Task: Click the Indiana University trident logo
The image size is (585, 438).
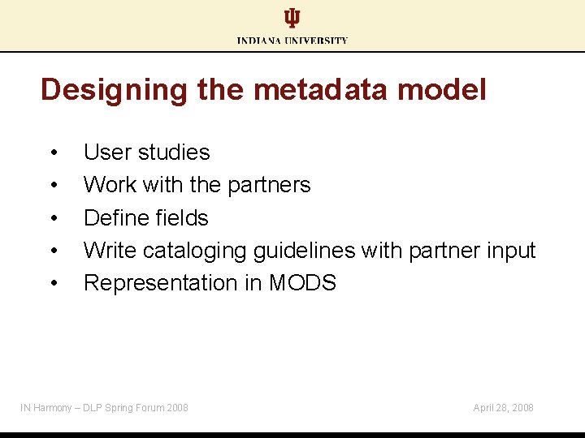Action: tap(292, 19)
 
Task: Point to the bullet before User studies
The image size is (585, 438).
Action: tap(54, 153)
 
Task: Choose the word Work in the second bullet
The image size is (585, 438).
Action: tap(110, 185)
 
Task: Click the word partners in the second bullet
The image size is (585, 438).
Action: tap(269, 185)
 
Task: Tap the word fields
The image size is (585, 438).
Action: tap(180, 217)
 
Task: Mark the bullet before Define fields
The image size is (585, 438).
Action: tap(54, 218)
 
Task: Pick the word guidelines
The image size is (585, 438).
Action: tap(305, 251)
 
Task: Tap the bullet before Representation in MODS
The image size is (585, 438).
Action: tap(54, 284)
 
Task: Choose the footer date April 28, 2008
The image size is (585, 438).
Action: tap(503, 407)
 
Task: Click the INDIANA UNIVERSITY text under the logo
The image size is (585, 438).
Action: tap(292, 40)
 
